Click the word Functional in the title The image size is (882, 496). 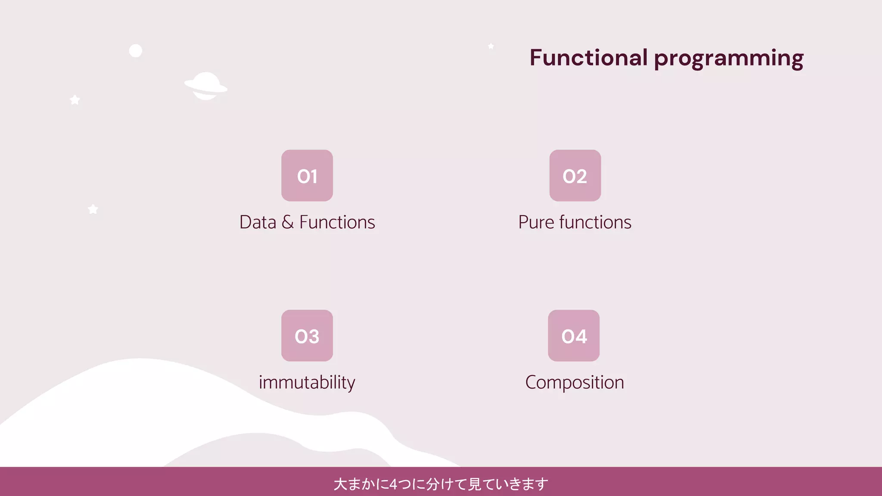pyautogui.click(x=588, y=58)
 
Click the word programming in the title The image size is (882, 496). pyautogui.click(x=729, y=59)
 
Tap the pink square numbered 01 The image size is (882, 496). pyautogui.click(x=307, y=176)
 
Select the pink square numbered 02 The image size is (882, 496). pyautogui.click(x=575, y=176)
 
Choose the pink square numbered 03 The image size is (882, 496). pyautogui.click(x=307, y=335)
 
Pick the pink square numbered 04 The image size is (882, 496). pyautogui.click(x=574, y=335)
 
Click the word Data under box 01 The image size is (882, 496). pyautogui.click(x=258, y=223)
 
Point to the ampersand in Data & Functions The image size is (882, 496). pyautogui.click(x=288, y=223)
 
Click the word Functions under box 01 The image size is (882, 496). pyautogui.click(x=337, y=223)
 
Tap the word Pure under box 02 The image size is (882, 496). pyautogui.click(x=536, y=223)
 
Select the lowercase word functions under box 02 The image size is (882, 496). pyautogui.click(x=595, y=223)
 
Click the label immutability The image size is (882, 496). pyautogui.click(x=307, y=382)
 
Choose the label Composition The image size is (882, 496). pyautogui.click(x=575, y=382)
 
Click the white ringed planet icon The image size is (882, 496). pyautogui.click(x=206, y=86)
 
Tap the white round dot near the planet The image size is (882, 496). pyautogui.click(x=136, y=51)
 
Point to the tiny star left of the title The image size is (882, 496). pyautogui.click(x=491, y=46)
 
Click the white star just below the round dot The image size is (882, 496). pyautogui.click(x=75, y=100)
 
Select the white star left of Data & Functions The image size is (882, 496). pyautogui.click(x=93, y=209)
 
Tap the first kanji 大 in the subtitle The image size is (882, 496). pyautogui.click(x=340, y=484)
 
